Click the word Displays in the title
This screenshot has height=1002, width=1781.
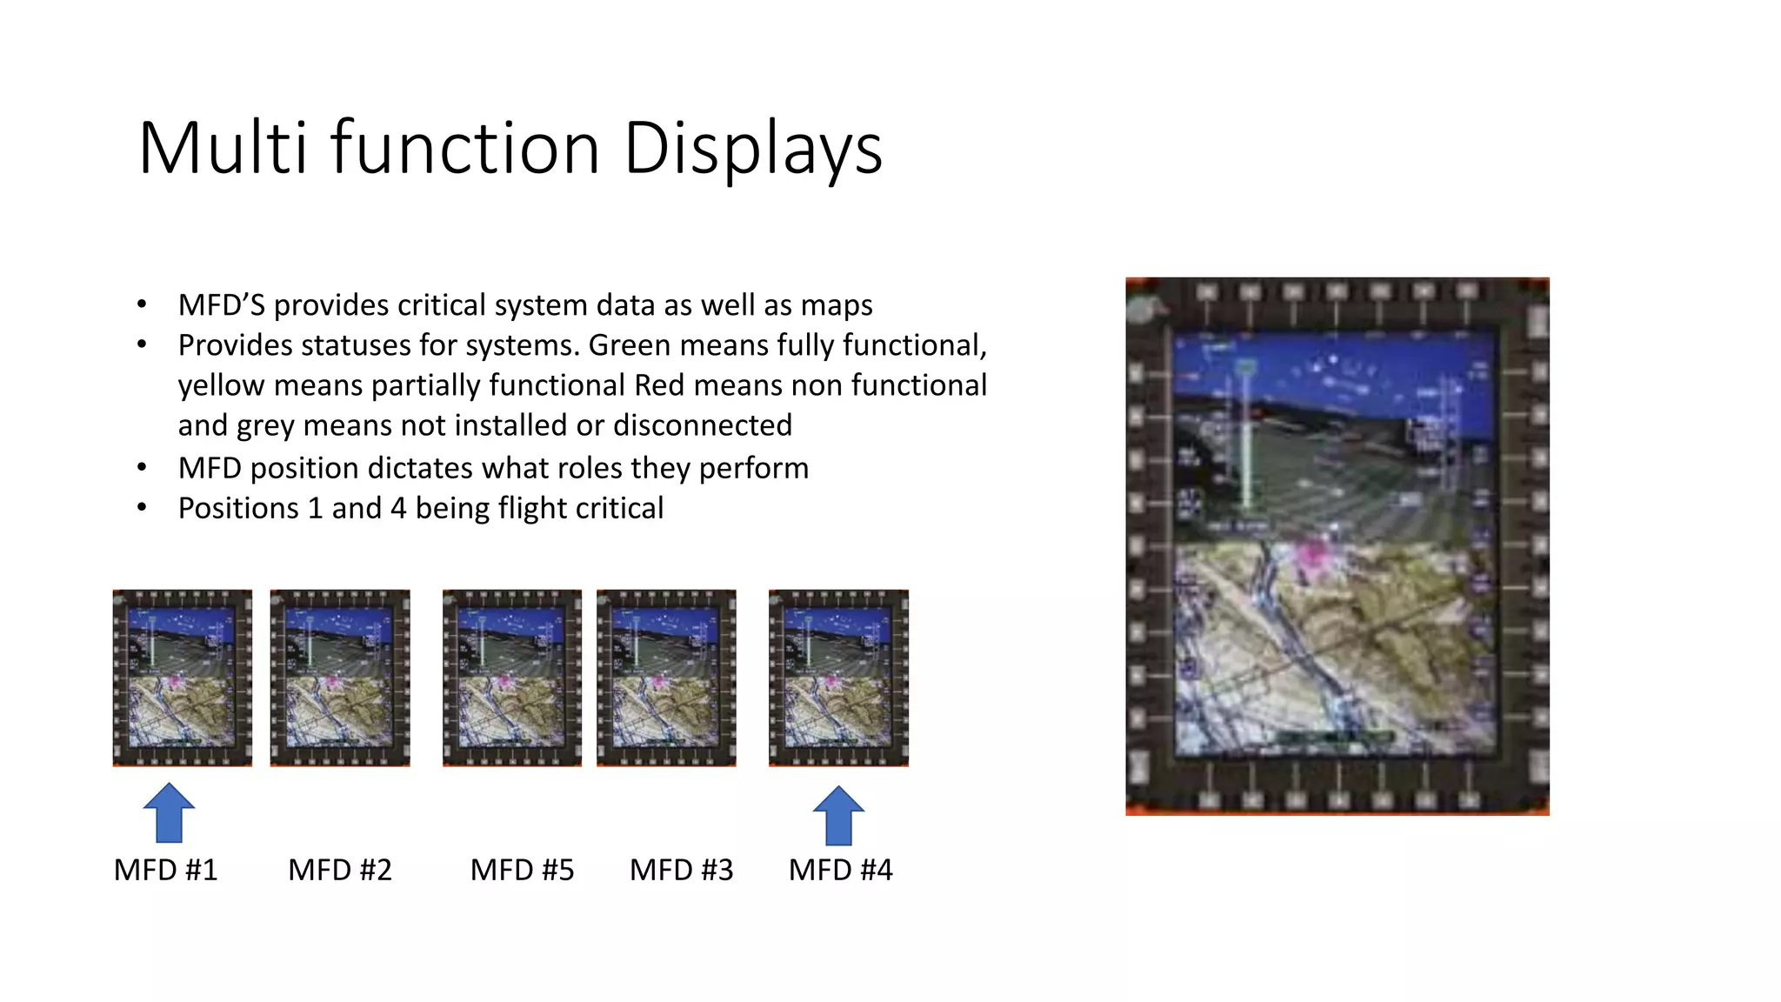point(753,148)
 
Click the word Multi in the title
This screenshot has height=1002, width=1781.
point(223,148)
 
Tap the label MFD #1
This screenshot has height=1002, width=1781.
point(165,870)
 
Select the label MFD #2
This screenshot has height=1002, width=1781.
point(340,870)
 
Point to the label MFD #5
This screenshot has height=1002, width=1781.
point(522,870)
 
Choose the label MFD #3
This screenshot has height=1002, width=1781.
point(681,870)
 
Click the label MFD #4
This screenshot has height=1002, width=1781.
point(840,870)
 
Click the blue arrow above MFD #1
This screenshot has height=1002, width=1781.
point(169,812)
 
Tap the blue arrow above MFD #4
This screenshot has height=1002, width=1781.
point(838,815)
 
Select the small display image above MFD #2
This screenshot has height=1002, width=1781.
point(340,678)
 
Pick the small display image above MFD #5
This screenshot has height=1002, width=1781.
point(512,678)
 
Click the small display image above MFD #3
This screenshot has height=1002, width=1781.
point(666,678)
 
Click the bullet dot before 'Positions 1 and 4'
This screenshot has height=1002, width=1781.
point(142,508)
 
